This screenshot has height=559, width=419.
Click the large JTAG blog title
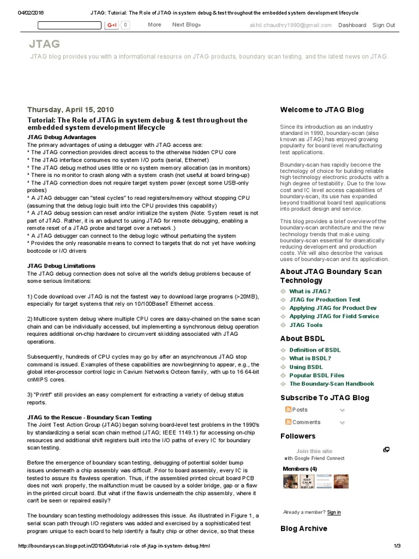click(45, 44)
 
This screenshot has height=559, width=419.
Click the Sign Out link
click(384, 25)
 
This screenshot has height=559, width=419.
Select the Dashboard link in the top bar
click(352, 25)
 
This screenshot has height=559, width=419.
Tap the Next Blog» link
click(187, 25)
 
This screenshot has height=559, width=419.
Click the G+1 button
click(112, 25)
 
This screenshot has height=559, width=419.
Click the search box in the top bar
click(69, 25)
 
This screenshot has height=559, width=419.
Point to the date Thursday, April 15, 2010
click(70, 109)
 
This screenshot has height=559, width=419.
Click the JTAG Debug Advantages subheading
click(62, 137)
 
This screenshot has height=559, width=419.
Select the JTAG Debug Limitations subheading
click(61, 266)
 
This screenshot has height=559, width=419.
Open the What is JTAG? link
click(310, 292)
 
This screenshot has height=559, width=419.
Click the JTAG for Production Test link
click(325, 300)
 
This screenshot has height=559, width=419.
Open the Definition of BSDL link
click(315, 350)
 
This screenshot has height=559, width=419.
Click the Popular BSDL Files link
click(316, 376)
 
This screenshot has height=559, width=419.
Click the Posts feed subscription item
click(300, 409)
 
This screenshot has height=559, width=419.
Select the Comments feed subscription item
click(306, 422)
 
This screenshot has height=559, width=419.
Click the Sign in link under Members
click(334, 512)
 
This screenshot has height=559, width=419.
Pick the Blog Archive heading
click(303, 528)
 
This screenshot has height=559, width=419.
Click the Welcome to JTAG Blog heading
click(322, 110)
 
